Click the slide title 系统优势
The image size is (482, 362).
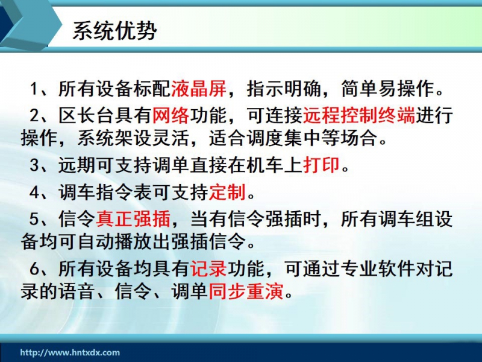click(114, 31)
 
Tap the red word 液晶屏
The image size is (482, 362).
click(199, 89)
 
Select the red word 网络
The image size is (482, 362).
click(171, 115)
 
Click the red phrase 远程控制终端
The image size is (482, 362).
click(359, 115)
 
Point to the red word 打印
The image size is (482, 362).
click(322, 165)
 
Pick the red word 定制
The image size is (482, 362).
click(228, 192)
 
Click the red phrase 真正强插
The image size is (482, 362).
click(133, 219)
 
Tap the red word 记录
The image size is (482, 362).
click(208, 268)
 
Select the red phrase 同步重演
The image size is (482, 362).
click(246, 291)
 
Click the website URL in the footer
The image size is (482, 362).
click(70, 352)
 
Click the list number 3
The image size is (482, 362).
click(34, 165)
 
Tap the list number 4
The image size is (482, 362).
click(34, 192)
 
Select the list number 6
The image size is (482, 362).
click(34, 269)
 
